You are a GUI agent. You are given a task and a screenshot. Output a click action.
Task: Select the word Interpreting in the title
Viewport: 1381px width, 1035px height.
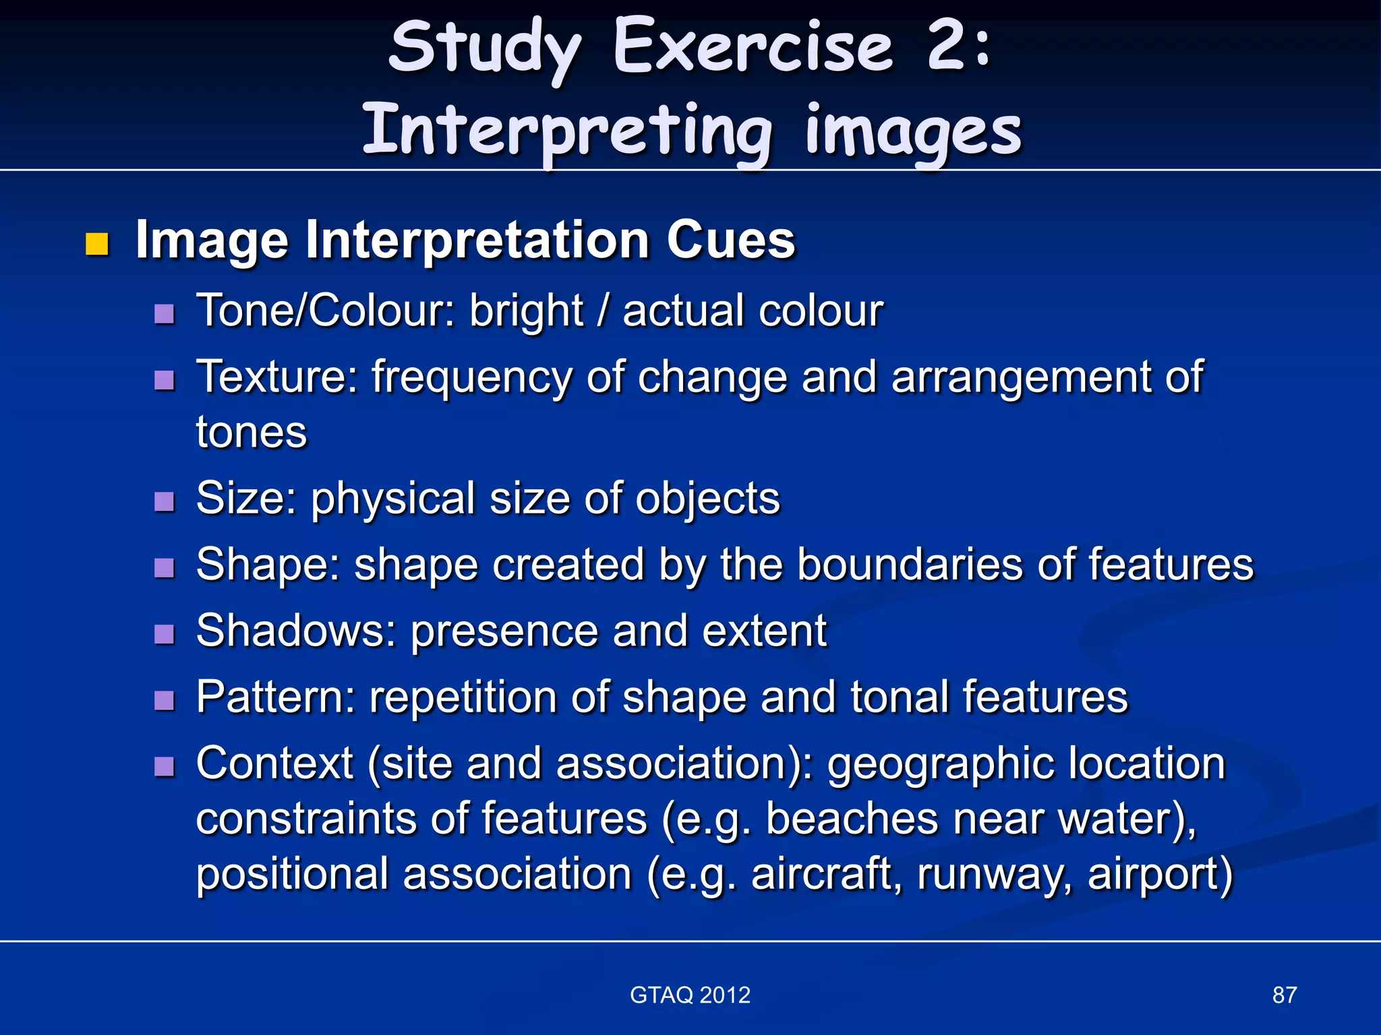click(566, 130)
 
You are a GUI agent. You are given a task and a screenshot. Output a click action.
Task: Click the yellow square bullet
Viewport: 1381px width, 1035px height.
click(97, 245)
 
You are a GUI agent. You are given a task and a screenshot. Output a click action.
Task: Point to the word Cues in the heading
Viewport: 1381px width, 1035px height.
click(731, 240)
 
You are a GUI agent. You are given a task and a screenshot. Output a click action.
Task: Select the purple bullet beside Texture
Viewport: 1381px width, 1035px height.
click(164, 381)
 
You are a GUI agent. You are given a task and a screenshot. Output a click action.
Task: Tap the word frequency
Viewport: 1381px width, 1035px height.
click(473, 377)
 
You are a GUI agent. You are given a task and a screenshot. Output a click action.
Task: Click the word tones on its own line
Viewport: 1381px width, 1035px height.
click(252, 432)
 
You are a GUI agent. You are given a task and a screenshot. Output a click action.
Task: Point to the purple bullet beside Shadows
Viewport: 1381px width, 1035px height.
click(164, 634)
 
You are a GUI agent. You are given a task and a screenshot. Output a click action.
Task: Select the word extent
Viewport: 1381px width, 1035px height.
click(764, 631)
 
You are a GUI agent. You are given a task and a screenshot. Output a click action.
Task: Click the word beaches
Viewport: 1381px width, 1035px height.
click(852, 819)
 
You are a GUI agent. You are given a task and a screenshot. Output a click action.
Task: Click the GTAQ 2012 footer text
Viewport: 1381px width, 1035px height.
click(690, 995)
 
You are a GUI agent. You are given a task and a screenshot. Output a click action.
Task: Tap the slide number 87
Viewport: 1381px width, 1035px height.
click(1285, 995)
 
